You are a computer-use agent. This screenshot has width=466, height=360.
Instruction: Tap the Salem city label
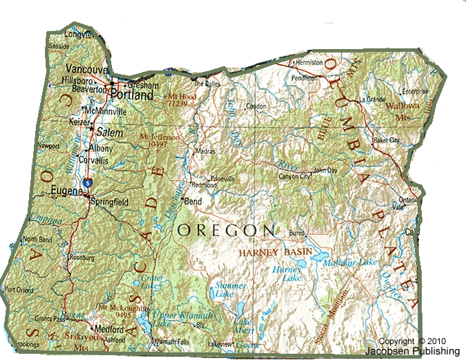[110, 131]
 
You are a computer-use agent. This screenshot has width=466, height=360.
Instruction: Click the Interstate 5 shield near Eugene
[86, 181]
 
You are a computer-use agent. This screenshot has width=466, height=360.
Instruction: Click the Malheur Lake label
[354, 262]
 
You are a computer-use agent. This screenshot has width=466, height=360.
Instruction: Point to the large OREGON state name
[226, 229]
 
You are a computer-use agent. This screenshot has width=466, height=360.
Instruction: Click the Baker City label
[386, 140]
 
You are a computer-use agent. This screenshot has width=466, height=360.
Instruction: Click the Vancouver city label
[87, 69]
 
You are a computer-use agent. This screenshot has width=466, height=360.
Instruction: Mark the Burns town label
[297, 234]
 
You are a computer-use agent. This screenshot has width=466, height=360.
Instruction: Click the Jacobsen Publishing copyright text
[419, 346]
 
